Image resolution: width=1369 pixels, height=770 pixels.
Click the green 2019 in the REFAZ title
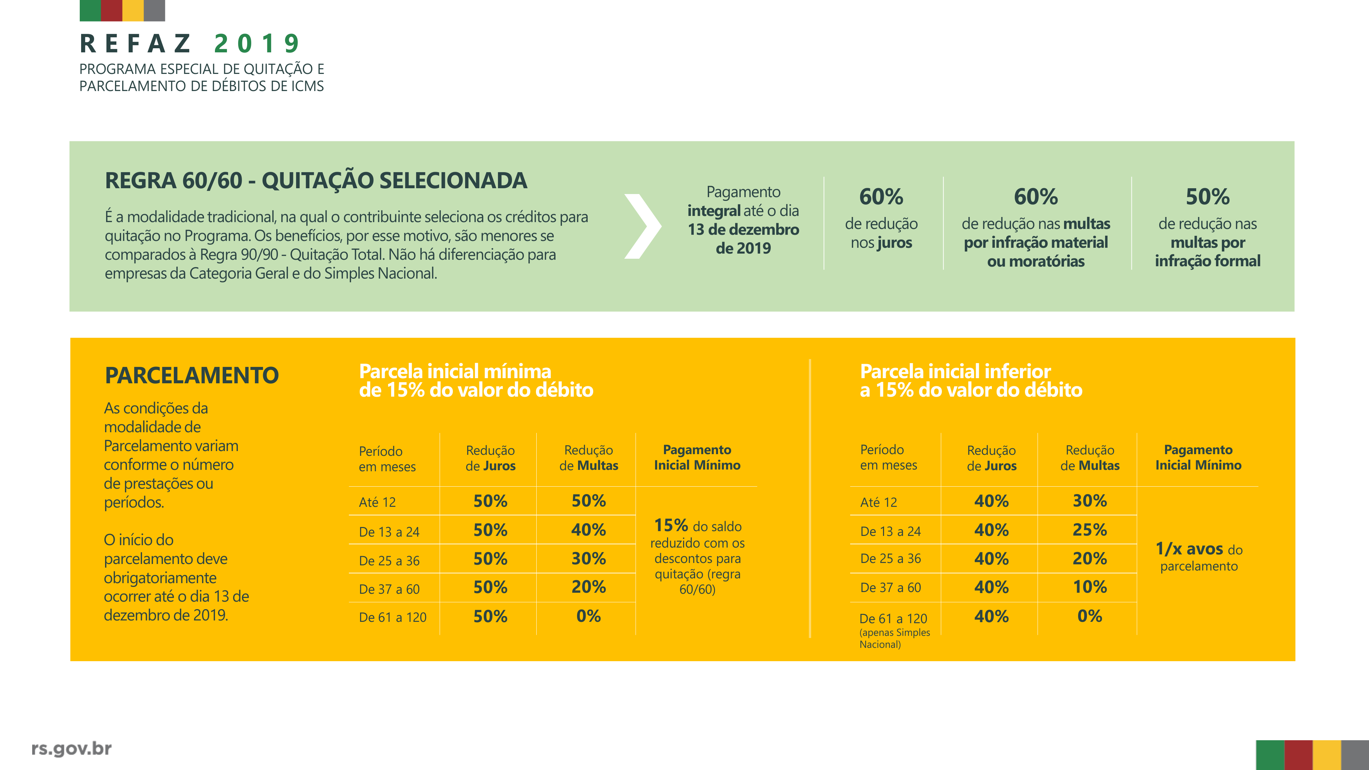tap(257, 43)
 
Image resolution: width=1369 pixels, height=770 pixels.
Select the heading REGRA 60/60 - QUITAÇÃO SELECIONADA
tap(316, 181)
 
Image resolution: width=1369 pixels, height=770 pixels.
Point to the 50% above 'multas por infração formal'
tap(1207, 197)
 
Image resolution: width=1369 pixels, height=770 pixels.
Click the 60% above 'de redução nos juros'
tap(881, 197)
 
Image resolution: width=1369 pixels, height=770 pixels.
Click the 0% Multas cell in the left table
tap(588, 616)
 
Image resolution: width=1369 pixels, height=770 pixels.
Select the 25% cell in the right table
tap(1089, 530)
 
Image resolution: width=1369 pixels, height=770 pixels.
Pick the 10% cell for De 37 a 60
tap(1089, 587)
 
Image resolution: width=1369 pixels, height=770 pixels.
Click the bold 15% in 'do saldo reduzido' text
tap(671, 526)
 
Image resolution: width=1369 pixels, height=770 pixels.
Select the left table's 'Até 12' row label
tap(377, 502)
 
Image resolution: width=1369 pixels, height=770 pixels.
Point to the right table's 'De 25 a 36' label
tap(890, 559)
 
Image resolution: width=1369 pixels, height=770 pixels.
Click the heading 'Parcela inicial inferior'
tap(955, 371)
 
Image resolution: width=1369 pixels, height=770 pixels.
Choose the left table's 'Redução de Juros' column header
tap(490, 458)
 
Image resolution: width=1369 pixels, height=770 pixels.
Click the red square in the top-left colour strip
tap(112, 10)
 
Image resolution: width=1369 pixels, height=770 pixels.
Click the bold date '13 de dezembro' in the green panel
tap(743, 230)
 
